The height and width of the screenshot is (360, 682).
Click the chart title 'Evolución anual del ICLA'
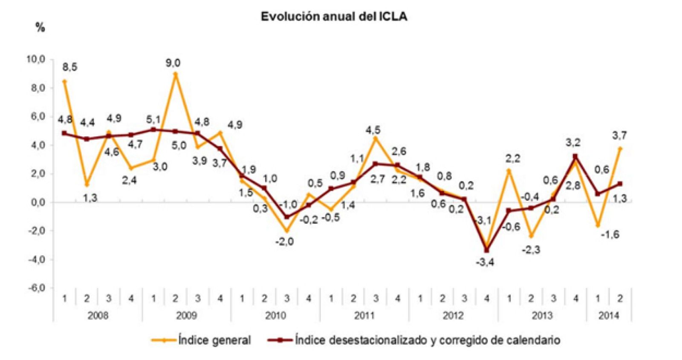(334, 17)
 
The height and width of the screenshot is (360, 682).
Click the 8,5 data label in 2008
(69, 67)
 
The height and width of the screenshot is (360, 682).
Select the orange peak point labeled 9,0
(175, 74)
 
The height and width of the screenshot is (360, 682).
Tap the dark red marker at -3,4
(486, 250)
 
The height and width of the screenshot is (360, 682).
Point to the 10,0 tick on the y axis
(36, 59)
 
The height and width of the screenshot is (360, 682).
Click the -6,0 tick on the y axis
(36, 288)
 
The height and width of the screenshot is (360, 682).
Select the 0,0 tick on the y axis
(38, 202)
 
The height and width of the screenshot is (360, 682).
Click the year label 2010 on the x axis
(275, 316)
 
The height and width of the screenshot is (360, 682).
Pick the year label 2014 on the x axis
(609, 316)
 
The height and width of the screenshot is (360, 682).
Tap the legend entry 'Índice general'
(214, 340)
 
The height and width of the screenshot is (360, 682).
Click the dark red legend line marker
(280, 340)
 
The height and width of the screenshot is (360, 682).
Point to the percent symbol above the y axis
(40, 28)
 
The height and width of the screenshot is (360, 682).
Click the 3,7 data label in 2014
(619, 135)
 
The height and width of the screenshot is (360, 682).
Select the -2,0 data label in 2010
(284, 242)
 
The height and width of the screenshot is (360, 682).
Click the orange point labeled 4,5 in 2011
(376, 138)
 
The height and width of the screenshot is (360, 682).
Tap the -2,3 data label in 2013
(531, 250)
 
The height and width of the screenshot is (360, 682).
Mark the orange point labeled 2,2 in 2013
(509, 170)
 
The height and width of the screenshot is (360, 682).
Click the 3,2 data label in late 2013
(573, 142)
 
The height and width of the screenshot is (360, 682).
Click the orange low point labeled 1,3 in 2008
(87, 184)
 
